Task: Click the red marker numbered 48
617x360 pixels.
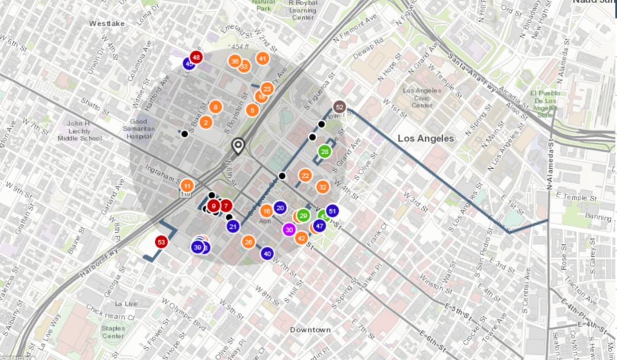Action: [196, 57]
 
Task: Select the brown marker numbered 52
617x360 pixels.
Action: [339, 107]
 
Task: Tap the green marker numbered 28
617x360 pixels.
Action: [324, 152]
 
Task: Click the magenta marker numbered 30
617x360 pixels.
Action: [289, 230]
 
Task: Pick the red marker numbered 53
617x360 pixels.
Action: [161, 242]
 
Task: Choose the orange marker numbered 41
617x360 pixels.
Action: [263, 59]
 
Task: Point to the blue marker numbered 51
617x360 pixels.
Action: [332, 211]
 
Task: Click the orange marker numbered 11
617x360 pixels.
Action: [187, 186]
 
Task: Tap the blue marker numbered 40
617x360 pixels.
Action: [267, 253]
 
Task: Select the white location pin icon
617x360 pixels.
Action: [238, 146]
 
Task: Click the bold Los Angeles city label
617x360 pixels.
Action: [426, 138]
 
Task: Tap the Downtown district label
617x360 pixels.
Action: [310, 329]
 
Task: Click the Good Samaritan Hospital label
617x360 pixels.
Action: [139, 129]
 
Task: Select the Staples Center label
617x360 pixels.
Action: [113, 332]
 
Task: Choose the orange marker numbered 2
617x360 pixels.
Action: [206, 122]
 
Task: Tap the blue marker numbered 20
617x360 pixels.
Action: [280, 208]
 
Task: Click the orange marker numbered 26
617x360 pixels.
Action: [249, 242]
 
